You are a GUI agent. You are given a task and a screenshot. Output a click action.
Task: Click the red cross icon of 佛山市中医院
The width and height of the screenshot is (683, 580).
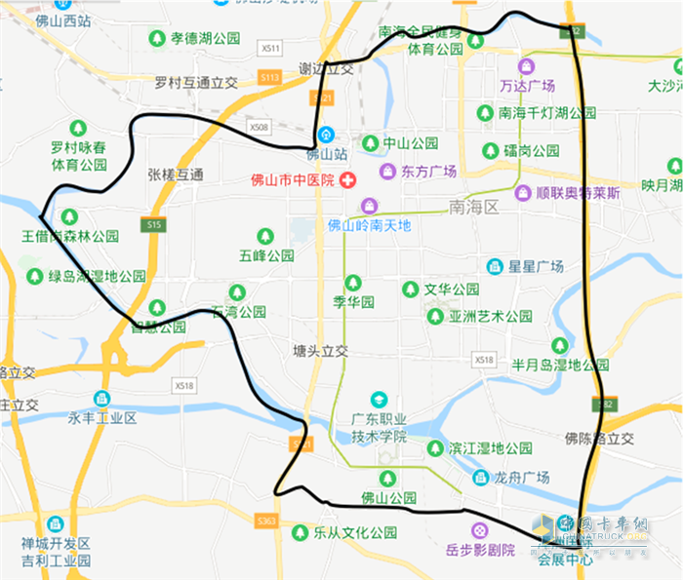[x=347, y=179]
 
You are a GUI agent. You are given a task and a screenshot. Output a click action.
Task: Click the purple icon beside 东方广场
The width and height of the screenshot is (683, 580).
[x=387, y=172]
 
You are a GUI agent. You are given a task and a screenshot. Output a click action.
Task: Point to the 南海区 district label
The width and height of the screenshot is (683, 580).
[x=473, y=207]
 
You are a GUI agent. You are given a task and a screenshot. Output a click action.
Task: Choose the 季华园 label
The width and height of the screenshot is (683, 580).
[x=353, y=302]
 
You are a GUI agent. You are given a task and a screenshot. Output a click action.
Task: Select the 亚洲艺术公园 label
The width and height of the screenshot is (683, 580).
[x=491, y=316]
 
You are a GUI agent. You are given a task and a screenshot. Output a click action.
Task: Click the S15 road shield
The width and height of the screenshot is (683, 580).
[x=150, y=225]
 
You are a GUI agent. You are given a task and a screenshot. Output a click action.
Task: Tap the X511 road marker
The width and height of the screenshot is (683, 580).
[x=271, y=48]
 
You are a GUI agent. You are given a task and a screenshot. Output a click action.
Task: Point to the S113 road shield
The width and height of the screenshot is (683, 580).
[x=270, y=77]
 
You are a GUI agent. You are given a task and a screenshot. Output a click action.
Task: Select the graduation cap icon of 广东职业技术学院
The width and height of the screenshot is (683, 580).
[x=379, y=399]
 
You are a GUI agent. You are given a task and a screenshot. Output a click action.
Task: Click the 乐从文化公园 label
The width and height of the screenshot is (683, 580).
[x=355, y=533]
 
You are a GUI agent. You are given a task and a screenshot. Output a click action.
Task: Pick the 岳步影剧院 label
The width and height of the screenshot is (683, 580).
[x=479, y=551]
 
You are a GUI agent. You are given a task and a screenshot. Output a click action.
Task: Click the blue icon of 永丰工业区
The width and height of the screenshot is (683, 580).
[x=101, y=399]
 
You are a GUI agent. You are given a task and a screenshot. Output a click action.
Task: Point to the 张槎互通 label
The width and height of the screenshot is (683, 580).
[x=176, y=174]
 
